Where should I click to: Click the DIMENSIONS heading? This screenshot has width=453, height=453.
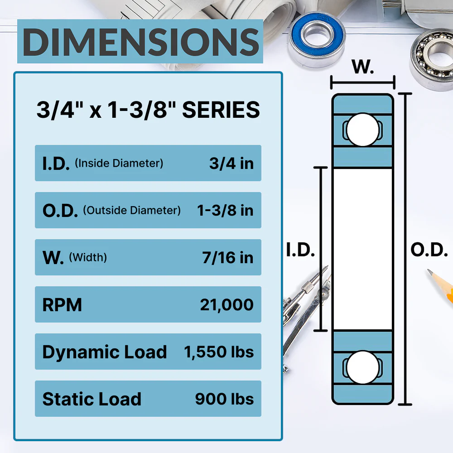coord(141,42)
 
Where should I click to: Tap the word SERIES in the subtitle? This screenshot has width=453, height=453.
coord(221,110)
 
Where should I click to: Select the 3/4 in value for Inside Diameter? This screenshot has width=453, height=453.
coord(231,164)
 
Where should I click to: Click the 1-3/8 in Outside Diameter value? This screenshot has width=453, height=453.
coord(225,210)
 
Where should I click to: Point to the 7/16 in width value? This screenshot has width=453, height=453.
coord(228,257)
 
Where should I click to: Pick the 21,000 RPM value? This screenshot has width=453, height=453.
coord(227,305)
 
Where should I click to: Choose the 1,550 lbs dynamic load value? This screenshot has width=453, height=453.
coord(219,352)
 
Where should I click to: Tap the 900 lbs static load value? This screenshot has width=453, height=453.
coord(225,399)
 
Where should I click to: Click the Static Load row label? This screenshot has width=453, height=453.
coord(92,399)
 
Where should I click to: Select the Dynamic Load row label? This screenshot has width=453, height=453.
coord(105,352)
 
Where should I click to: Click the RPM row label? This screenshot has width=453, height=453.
coord(62,305)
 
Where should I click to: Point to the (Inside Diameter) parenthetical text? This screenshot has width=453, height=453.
coord(119,163)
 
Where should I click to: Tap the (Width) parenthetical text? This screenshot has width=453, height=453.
coord(88,257)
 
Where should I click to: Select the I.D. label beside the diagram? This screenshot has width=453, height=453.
coord(300,250)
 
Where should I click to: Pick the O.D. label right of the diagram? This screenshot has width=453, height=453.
coord(429,250)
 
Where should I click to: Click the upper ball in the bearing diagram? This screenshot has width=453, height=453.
coord(362,130)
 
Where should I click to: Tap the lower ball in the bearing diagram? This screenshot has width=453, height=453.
coord(362,367)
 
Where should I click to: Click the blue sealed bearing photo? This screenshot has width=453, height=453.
coord(317,39)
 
